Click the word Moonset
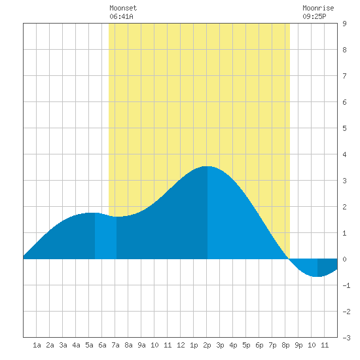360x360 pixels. (x=123, y=8)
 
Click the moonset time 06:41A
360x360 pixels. (x=121, y=16)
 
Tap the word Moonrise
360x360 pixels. (x=318, y=8)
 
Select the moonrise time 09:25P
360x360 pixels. (x=314, y=16)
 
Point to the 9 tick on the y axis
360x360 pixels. (x=344, y=24)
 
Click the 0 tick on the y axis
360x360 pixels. (x=344, y=259)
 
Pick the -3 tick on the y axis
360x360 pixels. (x=346, y=338)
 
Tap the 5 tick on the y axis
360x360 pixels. (x=344, y=128)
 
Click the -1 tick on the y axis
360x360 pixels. (x=346, y=285)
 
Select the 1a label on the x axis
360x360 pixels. (x=37, y=345)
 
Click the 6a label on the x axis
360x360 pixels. (x=102, y=345)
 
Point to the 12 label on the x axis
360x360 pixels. (x=181, y=345)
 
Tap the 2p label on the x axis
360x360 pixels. (x=207, y=345)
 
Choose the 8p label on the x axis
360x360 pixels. (x=285, y=345)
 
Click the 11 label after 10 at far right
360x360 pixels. (x=325, y=345)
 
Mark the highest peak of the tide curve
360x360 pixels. (x=207, y=166)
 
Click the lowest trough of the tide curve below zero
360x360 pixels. (x=317, y=276)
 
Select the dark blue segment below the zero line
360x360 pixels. (x=327, y=266)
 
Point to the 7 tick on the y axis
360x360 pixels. (x=344, y=76)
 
